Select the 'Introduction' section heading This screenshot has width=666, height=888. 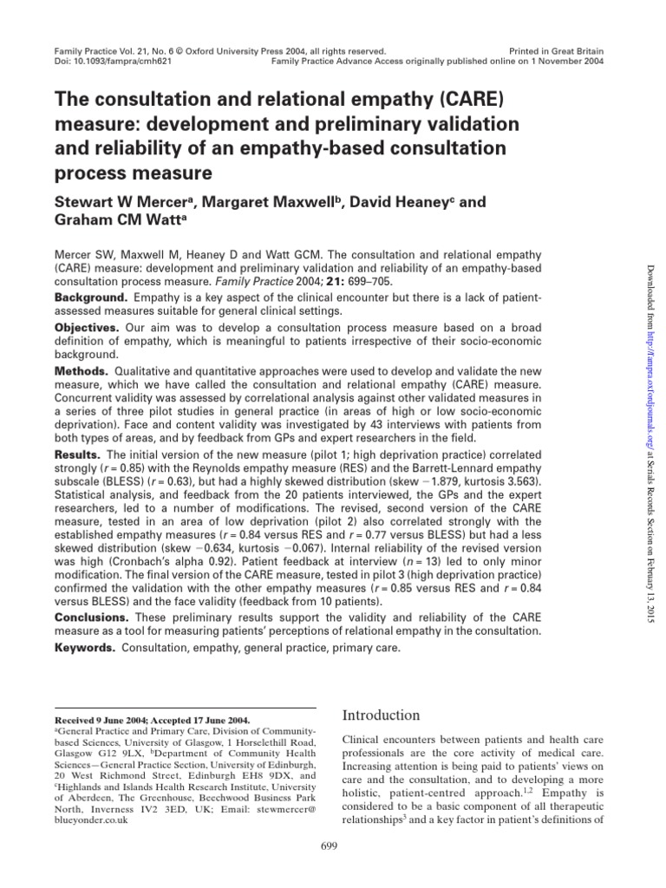pos(382,715)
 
